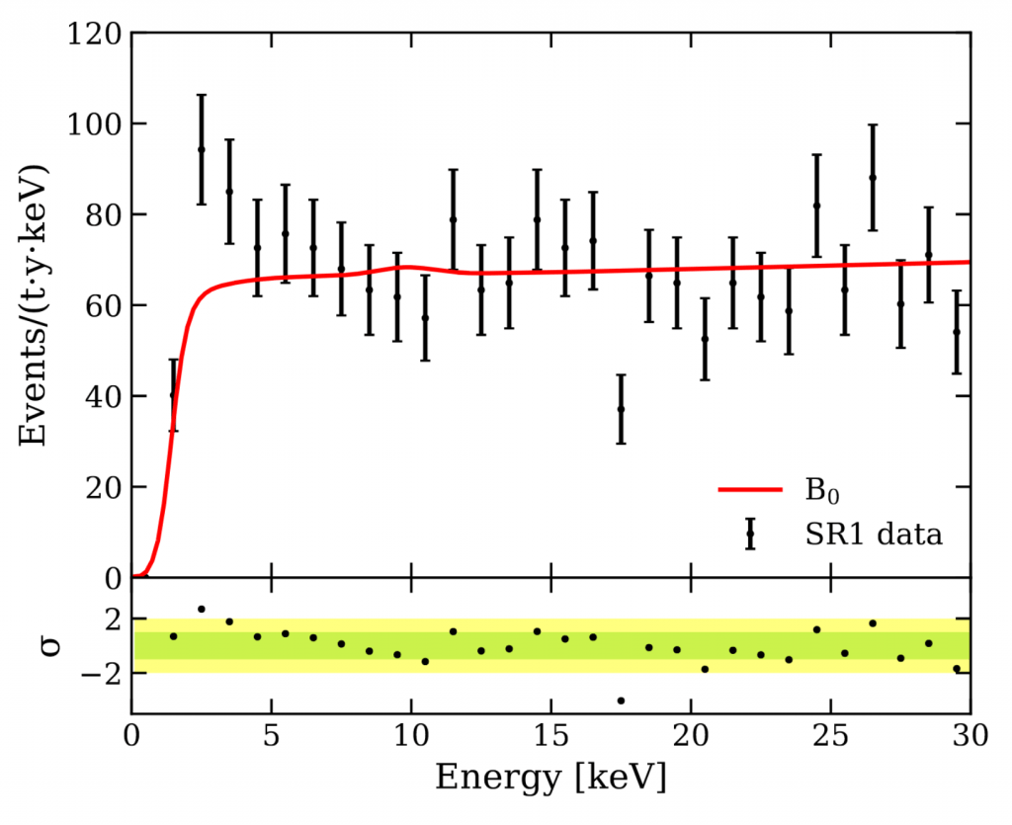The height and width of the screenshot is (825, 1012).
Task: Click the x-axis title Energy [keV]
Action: click(x=550, y=778)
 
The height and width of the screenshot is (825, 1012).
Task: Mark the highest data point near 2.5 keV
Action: click(x=202, y=149)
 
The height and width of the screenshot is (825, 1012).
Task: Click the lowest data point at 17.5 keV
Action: click(x=621, y=409)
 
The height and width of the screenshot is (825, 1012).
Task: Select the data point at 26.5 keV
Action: click(x=873, y=178)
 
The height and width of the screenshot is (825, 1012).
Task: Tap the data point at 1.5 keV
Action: click(x=173, y=394)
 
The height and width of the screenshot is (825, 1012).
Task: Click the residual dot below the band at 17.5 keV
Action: click(x=621, y=701)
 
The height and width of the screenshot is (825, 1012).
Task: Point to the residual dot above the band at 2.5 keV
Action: click(x=202, y=610)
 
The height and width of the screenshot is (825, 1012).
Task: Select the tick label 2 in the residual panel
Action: click(x=110, y=619)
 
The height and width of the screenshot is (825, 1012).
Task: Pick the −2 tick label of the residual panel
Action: click(x=102, y=673)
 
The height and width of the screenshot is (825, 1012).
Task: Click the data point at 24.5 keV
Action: click(x=817, y=206)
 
